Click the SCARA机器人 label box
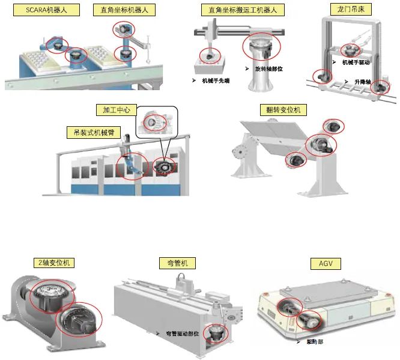click(x=40, y=11)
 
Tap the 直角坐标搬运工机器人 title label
click(x=243, y=11)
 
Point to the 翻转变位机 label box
click(x=283, y=110)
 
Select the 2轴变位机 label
click(x=53, y=263)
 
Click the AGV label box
click(x=326, y=263)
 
